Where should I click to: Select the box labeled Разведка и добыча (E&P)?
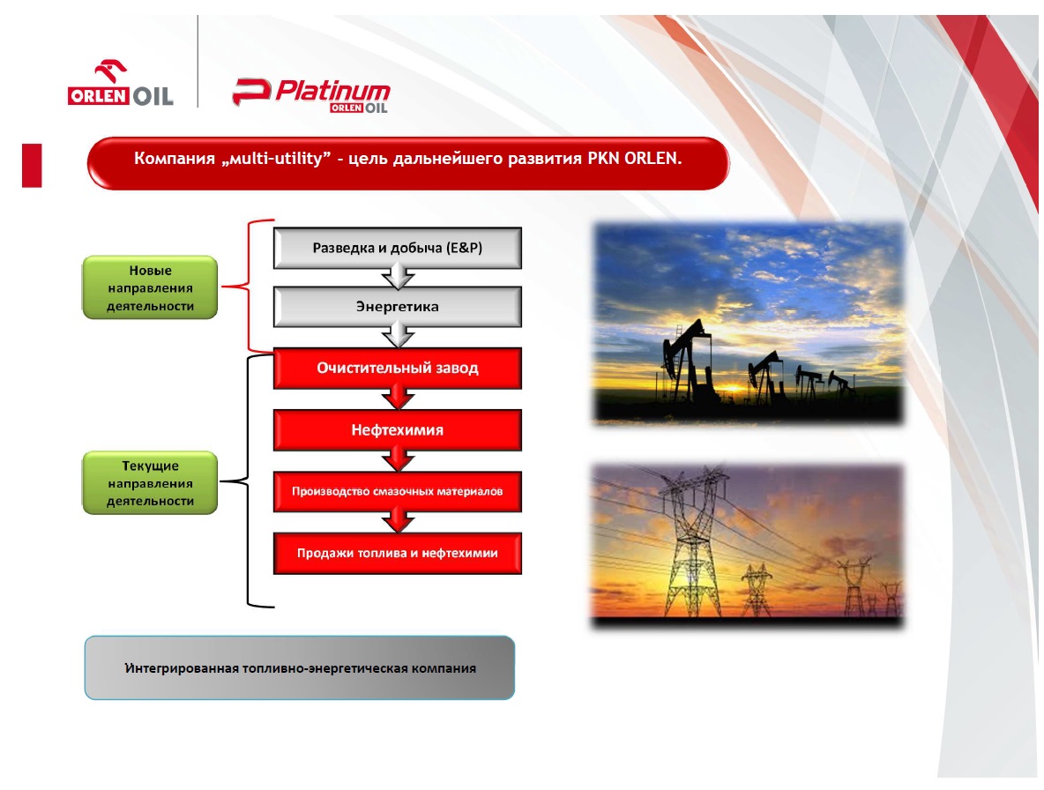398,248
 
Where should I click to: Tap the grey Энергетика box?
398,307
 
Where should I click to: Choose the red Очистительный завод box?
398,368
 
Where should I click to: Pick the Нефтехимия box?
398,430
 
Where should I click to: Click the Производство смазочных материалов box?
398,491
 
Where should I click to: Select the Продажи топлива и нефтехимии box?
398,553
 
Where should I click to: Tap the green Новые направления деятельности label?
150,287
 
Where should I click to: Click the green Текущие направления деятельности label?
150,483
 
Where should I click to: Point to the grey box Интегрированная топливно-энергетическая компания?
300,667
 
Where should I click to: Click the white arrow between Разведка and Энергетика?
399,276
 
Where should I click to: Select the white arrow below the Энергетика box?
399,335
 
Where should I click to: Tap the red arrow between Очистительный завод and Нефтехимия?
399,398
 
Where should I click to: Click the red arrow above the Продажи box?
399,520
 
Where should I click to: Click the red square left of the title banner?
32,165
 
